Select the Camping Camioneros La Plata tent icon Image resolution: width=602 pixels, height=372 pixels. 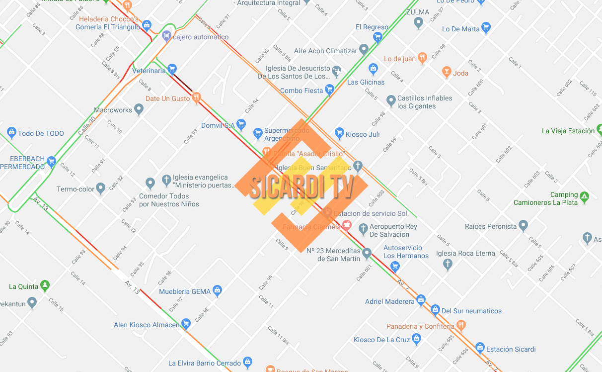(x=585, y=197)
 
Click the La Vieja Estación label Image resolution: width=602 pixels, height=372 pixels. (x=568, y=131)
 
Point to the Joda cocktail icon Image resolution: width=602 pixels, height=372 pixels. (x=446, y=72)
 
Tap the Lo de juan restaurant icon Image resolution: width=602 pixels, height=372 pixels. (x=422, y=58)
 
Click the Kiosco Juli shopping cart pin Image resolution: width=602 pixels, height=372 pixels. (x=340, y=133)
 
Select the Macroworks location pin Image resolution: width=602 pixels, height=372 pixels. (x=139, y=109)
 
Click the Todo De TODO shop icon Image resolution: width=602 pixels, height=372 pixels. (x=11, y=132)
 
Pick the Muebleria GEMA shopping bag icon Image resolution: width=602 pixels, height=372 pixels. (x=217, y=290)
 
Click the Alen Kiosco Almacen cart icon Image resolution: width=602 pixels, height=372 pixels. (x=186, y=324)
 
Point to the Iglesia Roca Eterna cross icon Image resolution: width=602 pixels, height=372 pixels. (x=448, y=264)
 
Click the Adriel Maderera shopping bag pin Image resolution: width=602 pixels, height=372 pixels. (x=421, y=300)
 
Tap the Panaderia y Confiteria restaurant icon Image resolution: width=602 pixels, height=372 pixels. (x=461, y=325)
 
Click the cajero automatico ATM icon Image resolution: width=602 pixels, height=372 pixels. (x=166, y=35)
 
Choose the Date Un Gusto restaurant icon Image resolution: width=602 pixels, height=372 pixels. (x=197, y=97)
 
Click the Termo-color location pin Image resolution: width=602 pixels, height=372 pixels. (x=101, y=188)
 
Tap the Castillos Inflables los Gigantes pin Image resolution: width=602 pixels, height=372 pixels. (x=391, y=101)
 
